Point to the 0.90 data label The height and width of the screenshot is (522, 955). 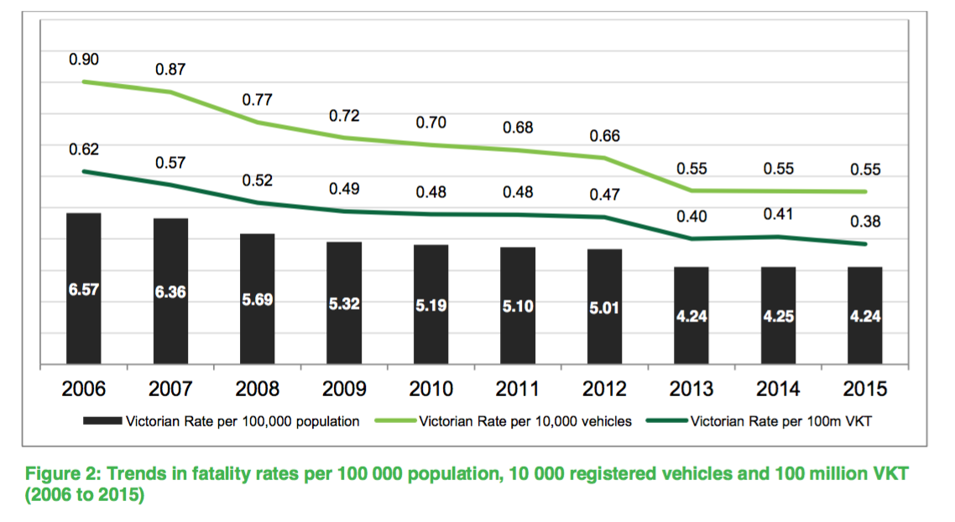click(x=83, y=59)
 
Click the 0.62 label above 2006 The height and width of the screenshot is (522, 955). click(x=83, y=149)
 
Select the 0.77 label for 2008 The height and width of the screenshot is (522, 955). click(x=257, y=100)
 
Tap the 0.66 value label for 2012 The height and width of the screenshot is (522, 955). click(x=604, y=135)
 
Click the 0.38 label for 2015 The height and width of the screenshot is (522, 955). click(x=865, y=222)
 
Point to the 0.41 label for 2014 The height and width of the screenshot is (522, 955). click(x=778, y=214)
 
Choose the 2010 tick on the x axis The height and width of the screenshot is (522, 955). click(x=431, y=389)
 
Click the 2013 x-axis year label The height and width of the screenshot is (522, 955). click(x=691, y=389)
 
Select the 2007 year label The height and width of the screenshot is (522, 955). click(x=170, y=389)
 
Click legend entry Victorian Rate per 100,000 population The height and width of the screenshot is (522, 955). click(x=243, y=421)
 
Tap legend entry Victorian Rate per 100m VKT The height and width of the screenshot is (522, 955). click(x=780, y=421)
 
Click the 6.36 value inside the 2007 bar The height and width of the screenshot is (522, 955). click(x=170, y=293)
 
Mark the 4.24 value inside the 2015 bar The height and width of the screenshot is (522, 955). click(x=865, y=316)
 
